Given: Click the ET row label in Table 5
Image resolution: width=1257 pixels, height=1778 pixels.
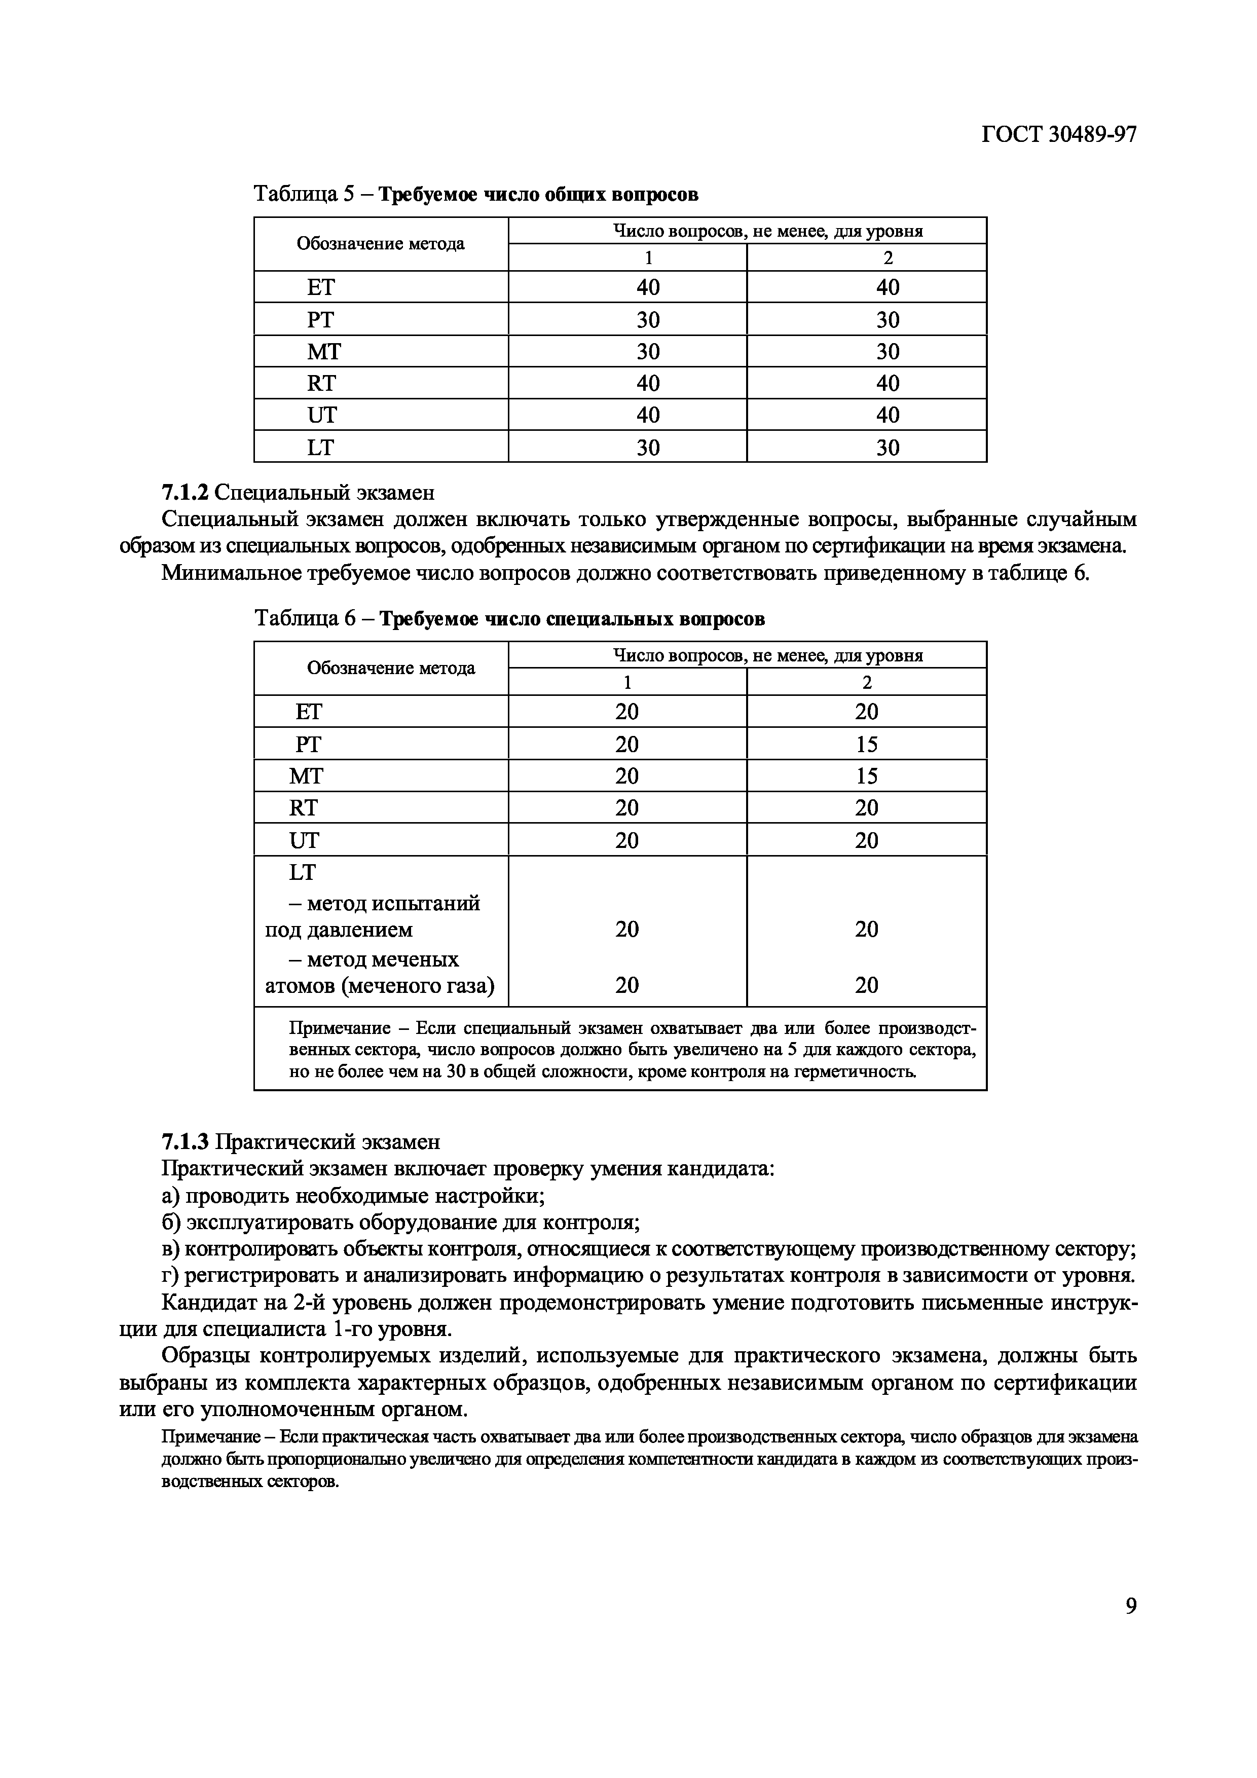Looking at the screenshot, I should click(321, 287).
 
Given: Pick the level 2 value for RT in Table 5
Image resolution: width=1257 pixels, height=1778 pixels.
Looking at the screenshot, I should click(888, 383).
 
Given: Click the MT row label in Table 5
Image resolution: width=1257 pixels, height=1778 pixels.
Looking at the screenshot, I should click(324, 352).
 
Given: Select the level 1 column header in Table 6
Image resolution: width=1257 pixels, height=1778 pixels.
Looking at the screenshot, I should click(627, 682).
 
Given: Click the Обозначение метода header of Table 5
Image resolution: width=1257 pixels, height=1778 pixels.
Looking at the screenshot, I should click(380, 244).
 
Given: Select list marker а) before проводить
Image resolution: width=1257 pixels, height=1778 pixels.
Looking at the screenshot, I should click(171, 1197).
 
